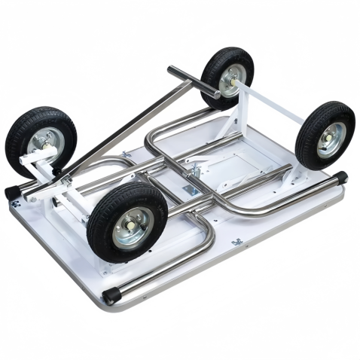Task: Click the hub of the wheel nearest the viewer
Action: (x=133, y=227)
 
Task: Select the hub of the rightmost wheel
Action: (x=329, y=140)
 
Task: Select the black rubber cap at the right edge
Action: (x=340, y=178)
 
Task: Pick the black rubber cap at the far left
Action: (x=13, y=192)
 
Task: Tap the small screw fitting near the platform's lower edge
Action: (x=237, y=242)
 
